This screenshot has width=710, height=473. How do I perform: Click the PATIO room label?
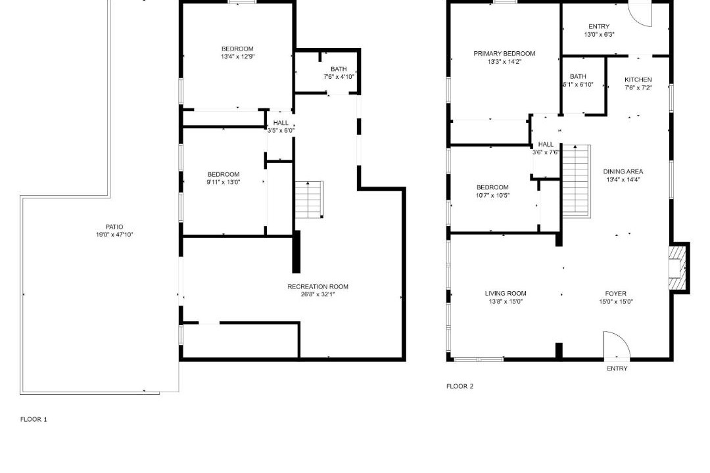(x=114, y=227)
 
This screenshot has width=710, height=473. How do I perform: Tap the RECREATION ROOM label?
(x=318, y=286)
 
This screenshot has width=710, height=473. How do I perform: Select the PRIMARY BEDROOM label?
(x=504, y=53)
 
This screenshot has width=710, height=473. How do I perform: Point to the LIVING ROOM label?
(x=506, y=293)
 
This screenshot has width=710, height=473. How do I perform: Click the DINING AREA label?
(x=623, y=171)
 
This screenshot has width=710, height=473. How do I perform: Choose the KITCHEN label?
(x=638, y=79)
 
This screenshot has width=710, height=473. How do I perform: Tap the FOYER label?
(x=616, y=293)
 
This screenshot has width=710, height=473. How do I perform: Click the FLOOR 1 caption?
(x=34, y=419)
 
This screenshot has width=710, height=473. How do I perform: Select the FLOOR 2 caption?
(x=460, y=386)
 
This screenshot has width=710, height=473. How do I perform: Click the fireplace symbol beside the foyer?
(x=678, y=268)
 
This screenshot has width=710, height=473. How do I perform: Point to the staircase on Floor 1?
(x=309, y=200)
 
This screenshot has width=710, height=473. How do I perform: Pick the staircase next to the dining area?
(x=577, y=181)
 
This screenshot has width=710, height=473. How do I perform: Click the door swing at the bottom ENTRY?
(x=616, y=345)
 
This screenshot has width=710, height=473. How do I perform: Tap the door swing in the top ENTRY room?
(x=641, y=14)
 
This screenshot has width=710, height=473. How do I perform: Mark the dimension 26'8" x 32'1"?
(x=318, y=295)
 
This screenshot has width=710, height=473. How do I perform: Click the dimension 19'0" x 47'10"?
(x=114, y=235)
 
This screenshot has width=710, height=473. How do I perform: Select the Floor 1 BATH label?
(x=339, y=69)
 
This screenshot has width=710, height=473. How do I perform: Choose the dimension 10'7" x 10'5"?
(x=492, y=196)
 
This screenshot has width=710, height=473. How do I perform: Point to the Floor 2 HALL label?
(x=546, y=145)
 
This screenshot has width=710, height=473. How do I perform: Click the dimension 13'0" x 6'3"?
(x=599, y=34)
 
